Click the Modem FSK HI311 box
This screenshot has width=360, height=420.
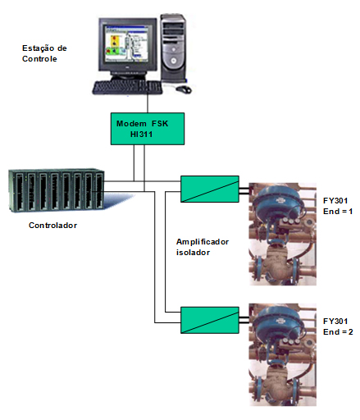[x=148, y=129]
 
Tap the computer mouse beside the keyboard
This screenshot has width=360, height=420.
[x=184, y=89]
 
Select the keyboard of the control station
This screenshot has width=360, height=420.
[x=127, y=88]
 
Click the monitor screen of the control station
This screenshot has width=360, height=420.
[x=126, y=43]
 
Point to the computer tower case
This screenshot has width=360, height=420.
[x=173, y=48]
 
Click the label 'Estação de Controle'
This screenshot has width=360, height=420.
[x=44, y=53]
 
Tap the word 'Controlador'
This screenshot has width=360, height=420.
[x=52, y=226]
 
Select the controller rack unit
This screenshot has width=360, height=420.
[x=57, y=190]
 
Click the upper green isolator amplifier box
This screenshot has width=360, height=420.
[x=210, y=189]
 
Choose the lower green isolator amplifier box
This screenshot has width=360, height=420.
[x=210, y=320]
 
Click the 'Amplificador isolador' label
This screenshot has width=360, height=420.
[x=203, y=247]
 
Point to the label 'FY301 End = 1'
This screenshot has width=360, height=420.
[x=338, y=206]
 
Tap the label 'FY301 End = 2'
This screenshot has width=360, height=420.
[x=338, y=326]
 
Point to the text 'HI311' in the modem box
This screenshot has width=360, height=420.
[x=141, y=135]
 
